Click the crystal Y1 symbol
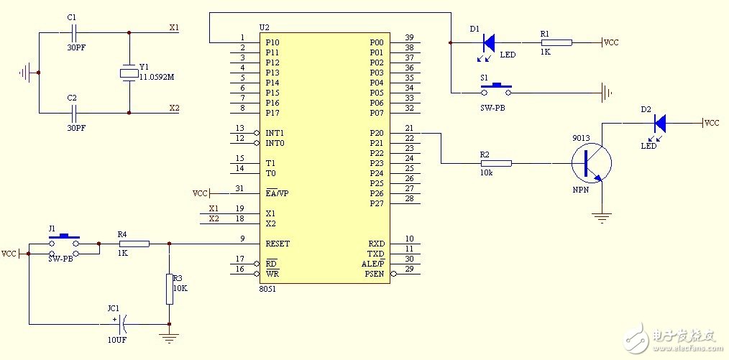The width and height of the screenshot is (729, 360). point(129,73)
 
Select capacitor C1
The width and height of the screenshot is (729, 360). point(72,32)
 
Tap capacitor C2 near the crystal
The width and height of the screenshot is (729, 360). point(72,112)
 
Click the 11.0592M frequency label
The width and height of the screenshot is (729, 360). point(156,76)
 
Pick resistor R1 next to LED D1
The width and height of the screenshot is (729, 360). point(556,42)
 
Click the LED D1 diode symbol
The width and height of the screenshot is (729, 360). point(489,42)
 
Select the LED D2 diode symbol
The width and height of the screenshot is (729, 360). point(659,124)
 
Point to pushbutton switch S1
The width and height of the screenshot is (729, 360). point(496,89)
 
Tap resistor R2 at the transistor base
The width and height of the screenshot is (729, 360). point(496,163)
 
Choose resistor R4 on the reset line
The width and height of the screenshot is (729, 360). point(134,244)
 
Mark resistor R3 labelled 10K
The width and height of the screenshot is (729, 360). point(169,284)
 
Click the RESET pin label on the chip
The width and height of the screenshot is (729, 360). point(278,244)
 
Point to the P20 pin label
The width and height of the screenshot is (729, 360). point(377,133)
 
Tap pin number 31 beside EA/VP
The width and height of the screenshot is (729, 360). point(239,188)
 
